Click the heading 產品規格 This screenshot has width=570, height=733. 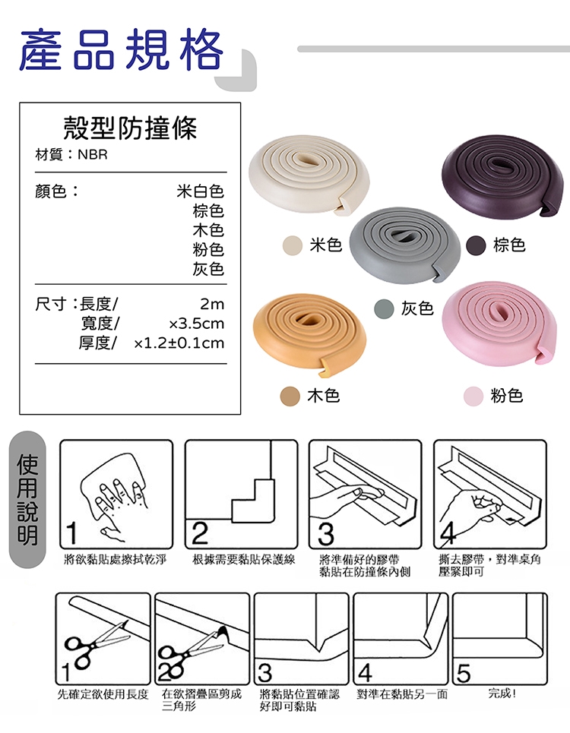click(x=122, y=49)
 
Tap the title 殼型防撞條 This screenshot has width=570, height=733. click(x=130, y=128)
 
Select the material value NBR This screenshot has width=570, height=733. click(x=93, y=155)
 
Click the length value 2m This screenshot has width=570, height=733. click(x=212, y=305)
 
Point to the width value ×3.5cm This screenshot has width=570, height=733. click(x=196, y=324)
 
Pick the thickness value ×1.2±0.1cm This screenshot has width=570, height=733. click(x=179, y=343)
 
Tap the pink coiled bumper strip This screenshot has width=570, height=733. click(x=500, y=324)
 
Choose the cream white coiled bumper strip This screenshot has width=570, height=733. click(x=309, y=174)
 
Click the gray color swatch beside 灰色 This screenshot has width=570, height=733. click(x=384, y=309)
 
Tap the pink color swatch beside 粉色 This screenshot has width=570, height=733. click(x=473, y=397)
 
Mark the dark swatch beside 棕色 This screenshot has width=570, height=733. click(x=476, y=245)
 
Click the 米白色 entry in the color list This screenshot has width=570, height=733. click(x=201, y=191)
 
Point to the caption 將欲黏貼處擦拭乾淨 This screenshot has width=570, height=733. click(x=115, y=559)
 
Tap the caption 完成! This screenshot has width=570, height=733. click(x=502, y=694)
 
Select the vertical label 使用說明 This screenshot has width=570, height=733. click(x=27, y=499)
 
